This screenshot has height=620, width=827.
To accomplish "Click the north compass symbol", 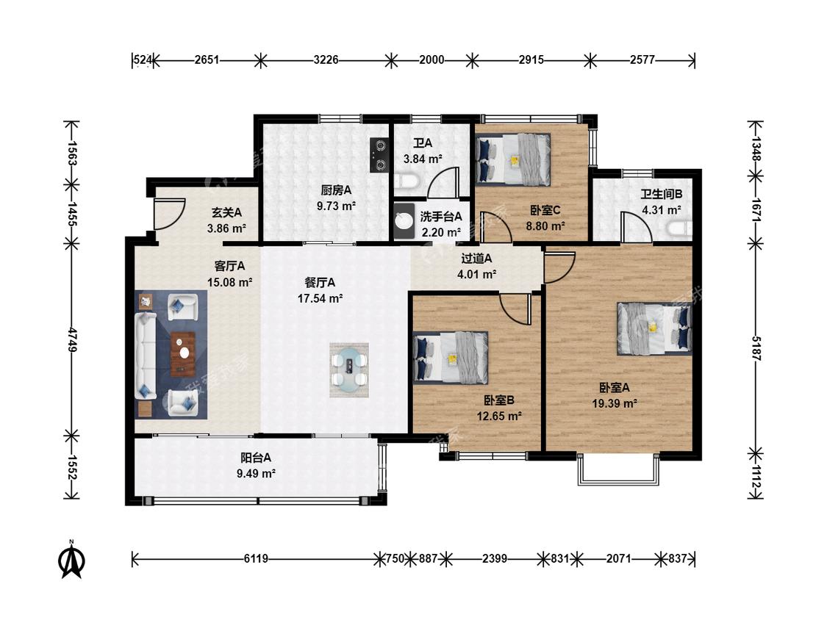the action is pos(71,560).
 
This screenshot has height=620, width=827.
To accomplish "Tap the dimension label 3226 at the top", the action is pos(326,60).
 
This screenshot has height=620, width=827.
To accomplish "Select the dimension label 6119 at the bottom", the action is pos(256,558).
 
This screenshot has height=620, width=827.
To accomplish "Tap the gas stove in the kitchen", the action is pos(379,155).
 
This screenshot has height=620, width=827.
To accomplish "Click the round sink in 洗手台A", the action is pos(404,220).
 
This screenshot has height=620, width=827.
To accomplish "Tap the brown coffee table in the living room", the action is pos(182,353).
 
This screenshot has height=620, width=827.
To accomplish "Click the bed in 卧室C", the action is pos(513,159).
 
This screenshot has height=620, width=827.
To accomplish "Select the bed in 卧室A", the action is pos(654,328).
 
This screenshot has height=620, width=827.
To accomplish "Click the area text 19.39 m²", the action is pos(615,404).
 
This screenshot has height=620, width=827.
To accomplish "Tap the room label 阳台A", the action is pos(256,458).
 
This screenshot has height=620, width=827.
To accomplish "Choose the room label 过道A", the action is pos(476,259).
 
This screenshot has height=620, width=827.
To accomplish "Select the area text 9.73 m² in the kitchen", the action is pos(336,206).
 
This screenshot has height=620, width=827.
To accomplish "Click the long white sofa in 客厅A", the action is pos(145,356).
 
